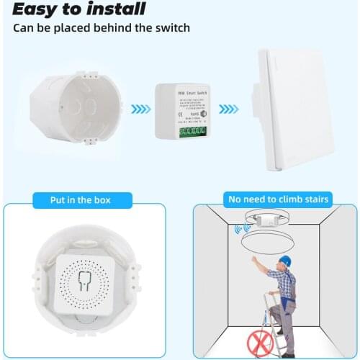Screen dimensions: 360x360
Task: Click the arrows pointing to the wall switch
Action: pyautogui.click(x=229, y=109)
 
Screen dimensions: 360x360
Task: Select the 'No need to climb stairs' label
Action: pyautogui.click(x=279, y=199)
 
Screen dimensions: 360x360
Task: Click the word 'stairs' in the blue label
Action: pyautogui.click(x=315, y=199)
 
